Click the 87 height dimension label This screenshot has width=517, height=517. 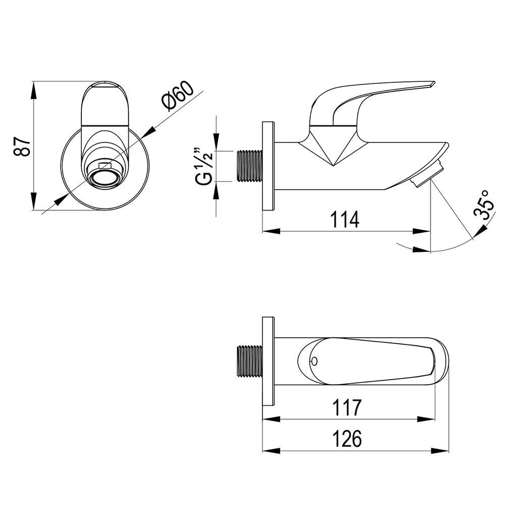[23, 146]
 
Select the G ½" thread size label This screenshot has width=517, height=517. [202, 167]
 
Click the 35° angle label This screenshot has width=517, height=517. [484, 204]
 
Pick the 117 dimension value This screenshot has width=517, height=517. [347, 407]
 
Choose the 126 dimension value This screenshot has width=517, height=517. [346, 439]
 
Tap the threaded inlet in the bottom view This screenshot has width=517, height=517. [249, 361]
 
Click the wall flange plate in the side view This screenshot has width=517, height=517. [269, 166]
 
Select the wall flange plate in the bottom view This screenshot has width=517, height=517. [269, 361]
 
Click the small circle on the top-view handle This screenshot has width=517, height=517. [314, 361]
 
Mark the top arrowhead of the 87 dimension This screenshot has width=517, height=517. [34, 90]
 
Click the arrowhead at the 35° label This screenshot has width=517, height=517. [481, 230]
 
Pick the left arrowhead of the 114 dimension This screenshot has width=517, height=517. [271, 231]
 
